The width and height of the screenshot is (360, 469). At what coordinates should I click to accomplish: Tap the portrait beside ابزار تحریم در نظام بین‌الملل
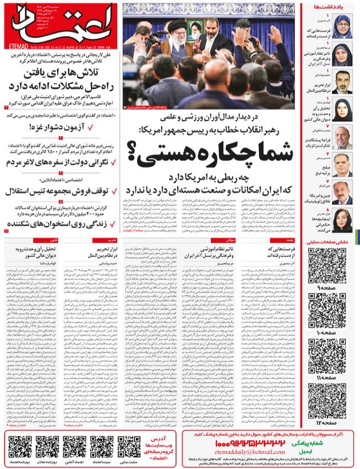(343, 82)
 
